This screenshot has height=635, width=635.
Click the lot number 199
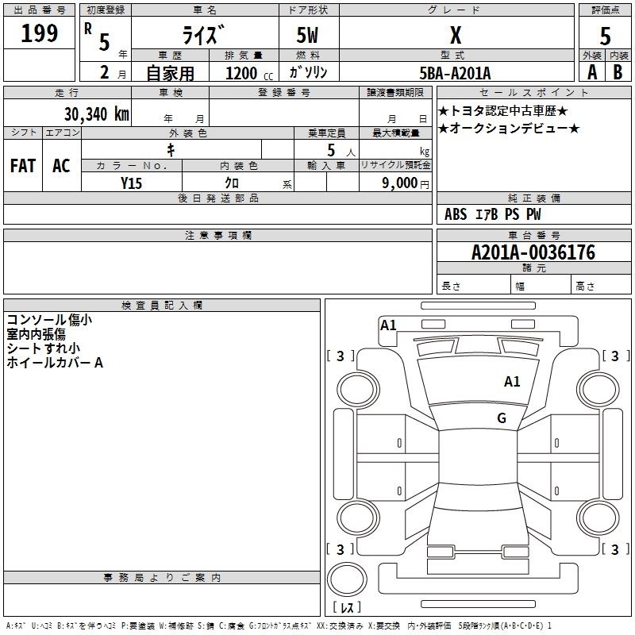[39, 33]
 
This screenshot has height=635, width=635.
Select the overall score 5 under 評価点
[605, 36]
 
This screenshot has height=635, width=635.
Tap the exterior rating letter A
[592, 72]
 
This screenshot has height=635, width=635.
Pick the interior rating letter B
[618, 72]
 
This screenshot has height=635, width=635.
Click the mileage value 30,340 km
[97, 114]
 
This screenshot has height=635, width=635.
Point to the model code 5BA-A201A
[455, 73]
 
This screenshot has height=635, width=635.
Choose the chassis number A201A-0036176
[533, 252]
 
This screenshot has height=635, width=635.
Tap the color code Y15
[131, 183]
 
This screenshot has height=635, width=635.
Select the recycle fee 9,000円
[406, 183]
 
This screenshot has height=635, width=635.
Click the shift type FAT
[23, 166]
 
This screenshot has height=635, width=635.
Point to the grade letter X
[456, 35]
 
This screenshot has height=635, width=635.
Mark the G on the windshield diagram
[502, 418]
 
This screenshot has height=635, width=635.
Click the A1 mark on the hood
[512, 381]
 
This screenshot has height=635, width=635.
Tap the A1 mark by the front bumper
[388, 325]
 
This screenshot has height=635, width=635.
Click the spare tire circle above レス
[347, 579]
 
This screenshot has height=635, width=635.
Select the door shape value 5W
[307, 35]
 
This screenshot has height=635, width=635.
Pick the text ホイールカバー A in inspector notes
[55, 363]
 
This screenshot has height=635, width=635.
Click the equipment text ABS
[456, 214]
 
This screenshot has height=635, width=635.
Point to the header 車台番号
[533, 235]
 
